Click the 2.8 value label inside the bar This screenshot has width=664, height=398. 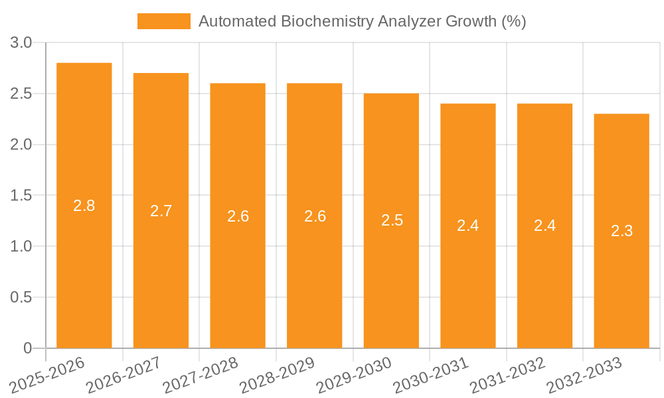click(x=84, y=206)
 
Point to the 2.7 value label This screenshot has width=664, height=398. click(x=161, y=211)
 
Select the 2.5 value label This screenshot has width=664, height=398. click(x=392, y=220)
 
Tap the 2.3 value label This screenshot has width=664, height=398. click(x=622, y=231)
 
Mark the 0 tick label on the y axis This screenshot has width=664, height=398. click(x=27, y=348)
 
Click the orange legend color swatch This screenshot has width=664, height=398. click(x=163, y=21)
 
